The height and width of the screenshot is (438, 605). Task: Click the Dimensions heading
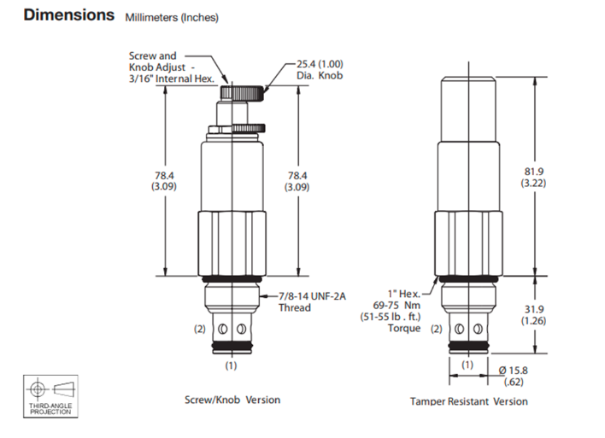pyautogui.click(x=69, y=15)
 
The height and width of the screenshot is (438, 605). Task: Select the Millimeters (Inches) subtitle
pyautogui.click(x=172, y=18)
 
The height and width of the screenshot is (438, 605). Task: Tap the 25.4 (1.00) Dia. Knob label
pyautogui.click(x=320, y=69)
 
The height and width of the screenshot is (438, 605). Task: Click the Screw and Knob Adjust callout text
pyautogui.click(x=171, y=67)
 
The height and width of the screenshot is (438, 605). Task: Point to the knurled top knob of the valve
pyautogui.click(x=243, y=93)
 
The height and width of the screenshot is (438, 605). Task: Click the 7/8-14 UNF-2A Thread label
pyautogui.click(x=312, y=302)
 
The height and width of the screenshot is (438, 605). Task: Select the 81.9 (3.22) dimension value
pyautogui.click(x=533, y=177)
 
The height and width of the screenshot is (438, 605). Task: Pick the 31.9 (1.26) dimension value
pyautogui.click(x=533, y=315)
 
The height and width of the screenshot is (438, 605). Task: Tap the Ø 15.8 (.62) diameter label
pyautogui.click(x=514, y=376)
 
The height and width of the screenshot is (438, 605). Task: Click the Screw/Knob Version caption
pyautogui.click(x=232, y=400)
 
